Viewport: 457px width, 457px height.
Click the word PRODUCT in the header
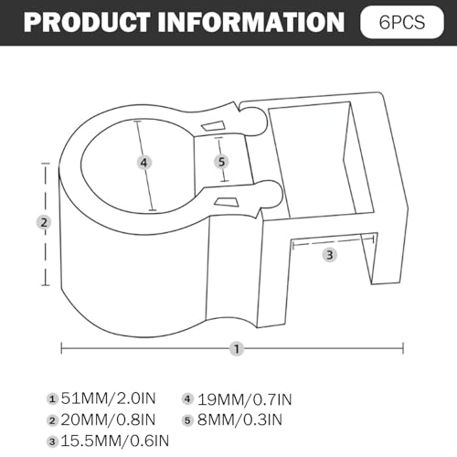87,22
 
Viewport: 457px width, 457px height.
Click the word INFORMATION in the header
251,22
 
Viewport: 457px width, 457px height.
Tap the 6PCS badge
402,22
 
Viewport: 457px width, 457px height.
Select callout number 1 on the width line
237,348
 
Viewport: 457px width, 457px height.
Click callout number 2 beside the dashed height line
44,222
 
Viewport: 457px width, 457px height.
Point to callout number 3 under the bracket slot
330,255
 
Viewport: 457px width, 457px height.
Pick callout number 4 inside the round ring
143,163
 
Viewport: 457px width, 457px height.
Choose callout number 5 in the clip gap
221,162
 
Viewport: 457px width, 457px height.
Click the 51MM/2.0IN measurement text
108,399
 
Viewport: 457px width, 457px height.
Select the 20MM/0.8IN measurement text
108,420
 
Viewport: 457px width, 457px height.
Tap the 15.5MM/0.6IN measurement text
115,441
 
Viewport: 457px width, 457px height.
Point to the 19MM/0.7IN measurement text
245,399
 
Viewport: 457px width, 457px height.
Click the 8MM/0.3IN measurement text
239,420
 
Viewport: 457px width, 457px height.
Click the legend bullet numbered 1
52,399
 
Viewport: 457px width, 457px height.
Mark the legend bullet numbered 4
187,399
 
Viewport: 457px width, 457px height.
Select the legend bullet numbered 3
52,441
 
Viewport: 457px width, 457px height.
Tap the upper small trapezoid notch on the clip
213,126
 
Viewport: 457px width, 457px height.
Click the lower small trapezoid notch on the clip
227,201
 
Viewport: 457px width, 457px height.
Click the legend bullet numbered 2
52,420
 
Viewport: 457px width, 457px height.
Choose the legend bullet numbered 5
187,420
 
